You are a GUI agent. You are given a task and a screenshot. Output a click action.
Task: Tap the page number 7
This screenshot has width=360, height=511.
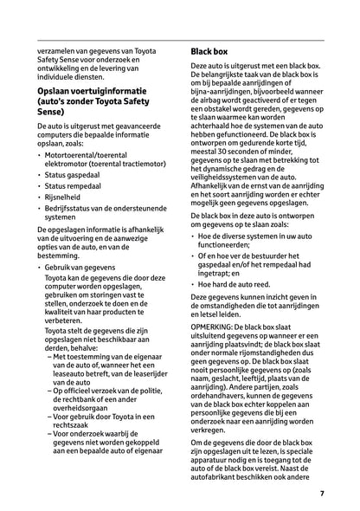pyautogui.click(x=321, y=495)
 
